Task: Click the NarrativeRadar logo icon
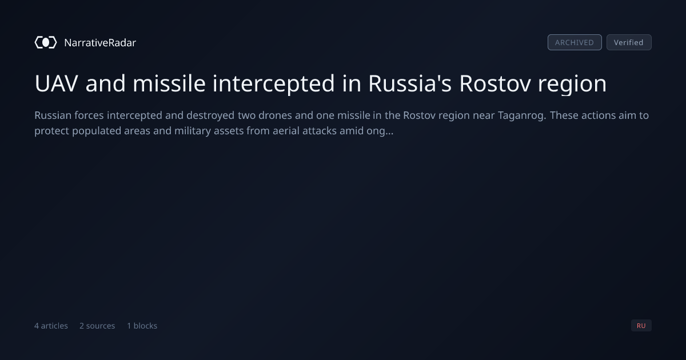point(46,42)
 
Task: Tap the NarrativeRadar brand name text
point(100,43)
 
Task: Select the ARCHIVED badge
point(575,42)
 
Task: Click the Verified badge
point(629,42)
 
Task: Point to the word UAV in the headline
point(57,83)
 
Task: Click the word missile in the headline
point(169,83)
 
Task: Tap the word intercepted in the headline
point(273,84)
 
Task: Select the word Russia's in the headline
point(410,83)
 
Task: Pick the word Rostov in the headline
point(495,83)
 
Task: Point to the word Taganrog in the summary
point(522,115)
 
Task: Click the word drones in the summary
point(275,115)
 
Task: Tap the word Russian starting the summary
point(53,115)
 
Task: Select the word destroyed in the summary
point(210,115)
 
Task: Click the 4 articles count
point(51,326)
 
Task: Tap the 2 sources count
point(97,326)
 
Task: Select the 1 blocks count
point(142,326)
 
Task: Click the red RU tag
point(641,325)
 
